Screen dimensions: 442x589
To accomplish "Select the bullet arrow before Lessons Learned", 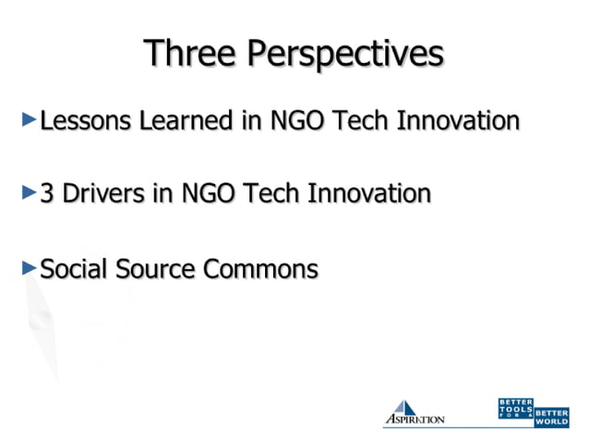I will coord(29,119).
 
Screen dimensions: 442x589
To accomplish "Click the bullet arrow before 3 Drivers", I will coord(29,193).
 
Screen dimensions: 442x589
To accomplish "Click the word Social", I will coord(74,269).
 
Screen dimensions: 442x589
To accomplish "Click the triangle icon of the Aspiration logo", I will coord(403,408).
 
